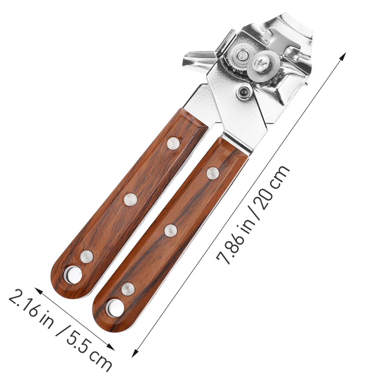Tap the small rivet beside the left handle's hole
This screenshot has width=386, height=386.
pyautogui.click(x=87, y=256)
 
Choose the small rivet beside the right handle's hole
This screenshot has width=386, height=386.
pyautogui.click(x=128, y=289)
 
